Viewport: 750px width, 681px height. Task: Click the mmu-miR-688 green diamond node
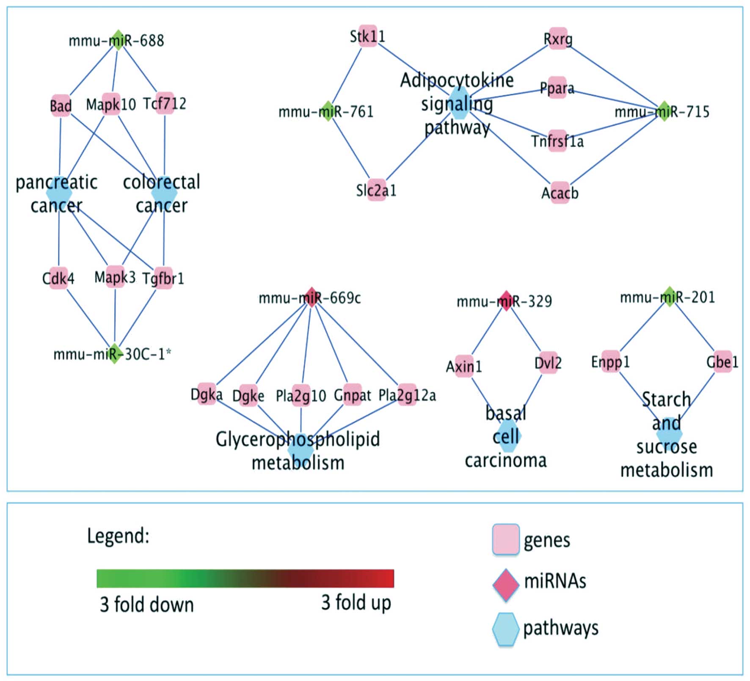tap(118, 40)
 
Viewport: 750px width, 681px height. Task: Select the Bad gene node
tap(61, 105)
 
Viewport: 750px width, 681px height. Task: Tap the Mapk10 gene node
tap(111, 104)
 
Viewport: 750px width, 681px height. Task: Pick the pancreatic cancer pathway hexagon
tap(59, 193)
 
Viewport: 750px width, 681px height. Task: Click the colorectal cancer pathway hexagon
tap(164, 193)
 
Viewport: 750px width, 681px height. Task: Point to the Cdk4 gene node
tap(58, 278)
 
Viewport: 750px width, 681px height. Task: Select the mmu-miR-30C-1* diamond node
tap(114, 353)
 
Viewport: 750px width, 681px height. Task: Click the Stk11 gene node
tap(368, 36)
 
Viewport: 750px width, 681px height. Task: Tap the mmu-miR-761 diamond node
tap(328, 111)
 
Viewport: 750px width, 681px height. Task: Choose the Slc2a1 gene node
tap(376, 190)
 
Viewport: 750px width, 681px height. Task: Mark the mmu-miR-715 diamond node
tap(664, 111)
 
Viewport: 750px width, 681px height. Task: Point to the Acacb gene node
tap(560, 193)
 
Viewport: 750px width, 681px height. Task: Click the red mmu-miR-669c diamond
tap(312, 297)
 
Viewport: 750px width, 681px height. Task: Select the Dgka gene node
tap(207, 394)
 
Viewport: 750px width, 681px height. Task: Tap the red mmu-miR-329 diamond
tap(506, 301)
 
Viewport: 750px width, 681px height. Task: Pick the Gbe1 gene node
tap(722, 361)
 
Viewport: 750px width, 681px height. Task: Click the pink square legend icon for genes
tap(506, 539)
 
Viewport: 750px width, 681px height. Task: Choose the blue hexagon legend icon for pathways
tap(506, 629)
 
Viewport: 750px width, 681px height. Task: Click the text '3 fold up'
tap(356, 602)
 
